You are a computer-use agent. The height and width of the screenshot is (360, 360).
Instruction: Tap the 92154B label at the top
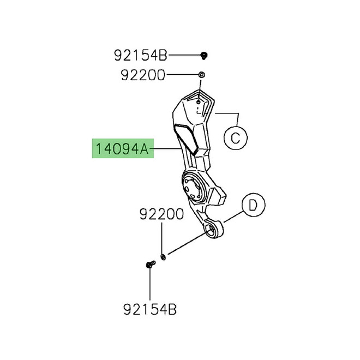141,55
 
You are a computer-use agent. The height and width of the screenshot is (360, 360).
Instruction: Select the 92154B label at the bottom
149,311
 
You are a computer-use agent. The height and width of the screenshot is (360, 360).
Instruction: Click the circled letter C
235,139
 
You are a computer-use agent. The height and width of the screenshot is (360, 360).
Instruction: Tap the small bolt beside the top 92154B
203,55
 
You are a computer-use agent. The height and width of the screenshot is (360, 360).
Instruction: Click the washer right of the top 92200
202,75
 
